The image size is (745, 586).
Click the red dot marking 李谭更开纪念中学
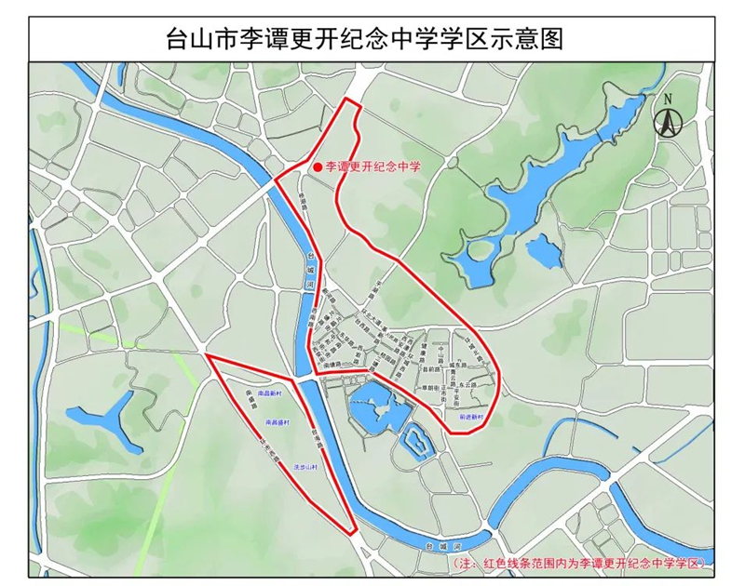pos(318,167)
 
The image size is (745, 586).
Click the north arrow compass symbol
pos(667,122)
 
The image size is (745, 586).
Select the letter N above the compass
pos(667,99)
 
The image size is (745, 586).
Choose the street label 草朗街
pos(427,388)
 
